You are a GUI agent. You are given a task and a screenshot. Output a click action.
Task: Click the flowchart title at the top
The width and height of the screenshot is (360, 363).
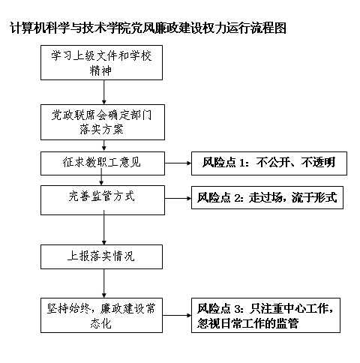pyautogui.click(x=148, y=28)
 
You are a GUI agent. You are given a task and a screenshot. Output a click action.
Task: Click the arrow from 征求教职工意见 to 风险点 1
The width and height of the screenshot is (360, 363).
pyautogui.click(x=178, y=163)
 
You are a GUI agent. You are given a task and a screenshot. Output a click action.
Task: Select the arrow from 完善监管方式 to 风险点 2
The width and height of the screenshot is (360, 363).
pyautogui.click(x=178, y=199)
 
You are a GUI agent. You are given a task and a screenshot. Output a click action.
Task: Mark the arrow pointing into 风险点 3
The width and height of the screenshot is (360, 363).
pyautogui.click(x=177, y=315)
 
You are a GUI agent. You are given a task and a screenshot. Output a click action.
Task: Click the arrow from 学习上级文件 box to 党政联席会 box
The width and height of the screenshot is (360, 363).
pyautogui.click(x=104, y=92)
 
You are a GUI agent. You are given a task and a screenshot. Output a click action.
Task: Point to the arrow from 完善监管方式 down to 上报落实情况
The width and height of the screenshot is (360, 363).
pyautogui.click(x=104, y=227)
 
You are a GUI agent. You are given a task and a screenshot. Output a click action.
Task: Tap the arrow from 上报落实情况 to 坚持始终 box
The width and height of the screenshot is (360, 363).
pyautogui.click(x=104, y=283)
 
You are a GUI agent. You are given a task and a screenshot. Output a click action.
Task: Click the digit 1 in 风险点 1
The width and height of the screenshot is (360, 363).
pyautogui.click(x=241, y=163)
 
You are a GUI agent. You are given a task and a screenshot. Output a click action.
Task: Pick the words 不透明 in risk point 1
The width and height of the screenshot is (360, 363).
pyautogui.click(x=318, y=163)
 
